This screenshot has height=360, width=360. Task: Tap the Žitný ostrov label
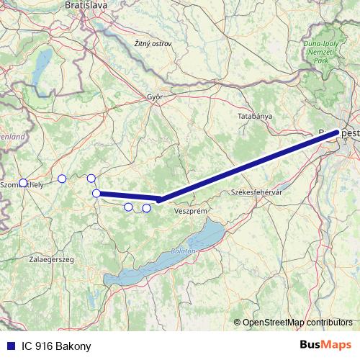[153, 44]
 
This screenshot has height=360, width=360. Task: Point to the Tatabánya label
[256, 115]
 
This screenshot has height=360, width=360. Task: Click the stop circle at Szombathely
[23, 183]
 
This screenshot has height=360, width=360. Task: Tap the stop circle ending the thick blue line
[96, 193]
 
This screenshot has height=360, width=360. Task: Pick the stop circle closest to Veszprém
[146, 208]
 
